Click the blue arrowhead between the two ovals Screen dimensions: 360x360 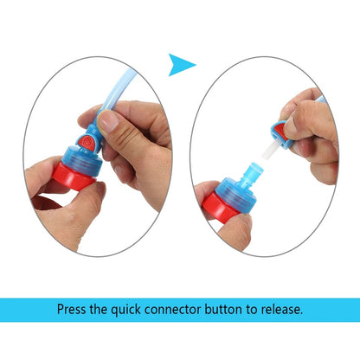pos(182,62)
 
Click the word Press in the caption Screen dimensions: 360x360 pos(74,309)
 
